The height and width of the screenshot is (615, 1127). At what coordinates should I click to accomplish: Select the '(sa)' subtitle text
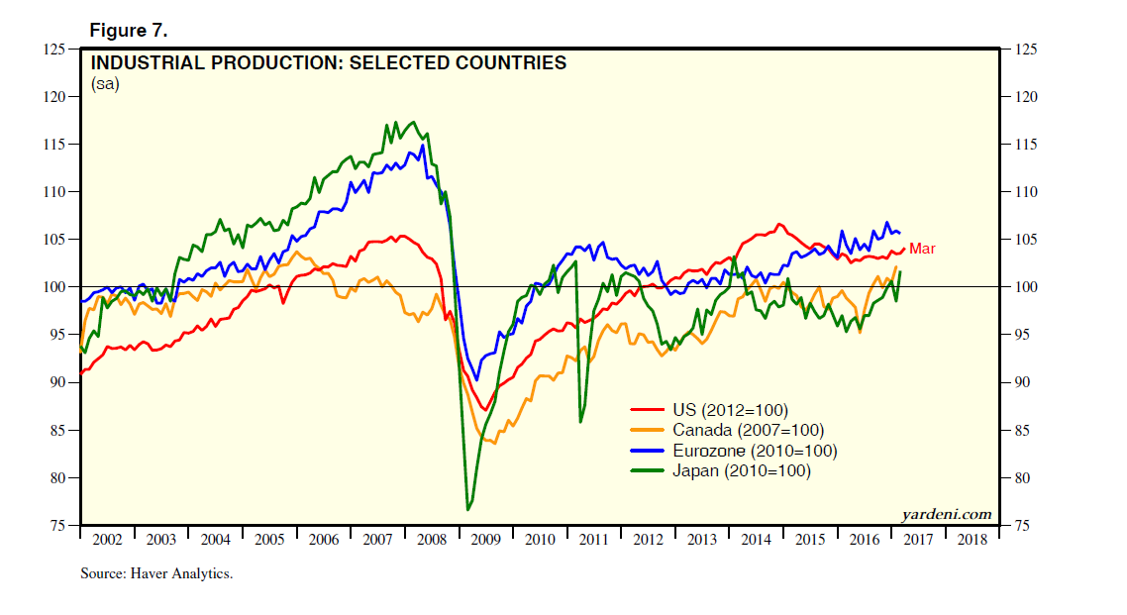(x=105, y=84)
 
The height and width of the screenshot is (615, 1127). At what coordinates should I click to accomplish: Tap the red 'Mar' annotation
(x=922, y=249)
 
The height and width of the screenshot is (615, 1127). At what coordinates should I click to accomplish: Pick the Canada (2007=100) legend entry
(x=748, y=430)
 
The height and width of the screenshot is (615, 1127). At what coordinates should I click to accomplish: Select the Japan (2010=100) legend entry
(x=741, y=471)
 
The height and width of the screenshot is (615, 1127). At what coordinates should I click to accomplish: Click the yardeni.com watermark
(x=947, y=514)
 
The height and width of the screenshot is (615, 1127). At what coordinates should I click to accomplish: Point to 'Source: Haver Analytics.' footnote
(x=156, y=573)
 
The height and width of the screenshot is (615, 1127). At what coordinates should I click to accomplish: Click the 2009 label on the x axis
(x=485, y=540)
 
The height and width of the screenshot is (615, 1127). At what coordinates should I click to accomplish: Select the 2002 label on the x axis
(x=106, y=540)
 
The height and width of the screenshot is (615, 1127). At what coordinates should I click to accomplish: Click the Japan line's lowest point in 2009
(x=467, y=510)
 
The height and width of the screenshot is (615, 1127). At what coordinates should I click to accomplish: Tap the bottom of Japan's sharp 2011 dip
(x=579, y=423)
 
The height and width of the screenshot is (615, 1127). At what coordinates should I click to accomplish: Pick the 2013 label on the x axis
(x=702, y=540)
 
